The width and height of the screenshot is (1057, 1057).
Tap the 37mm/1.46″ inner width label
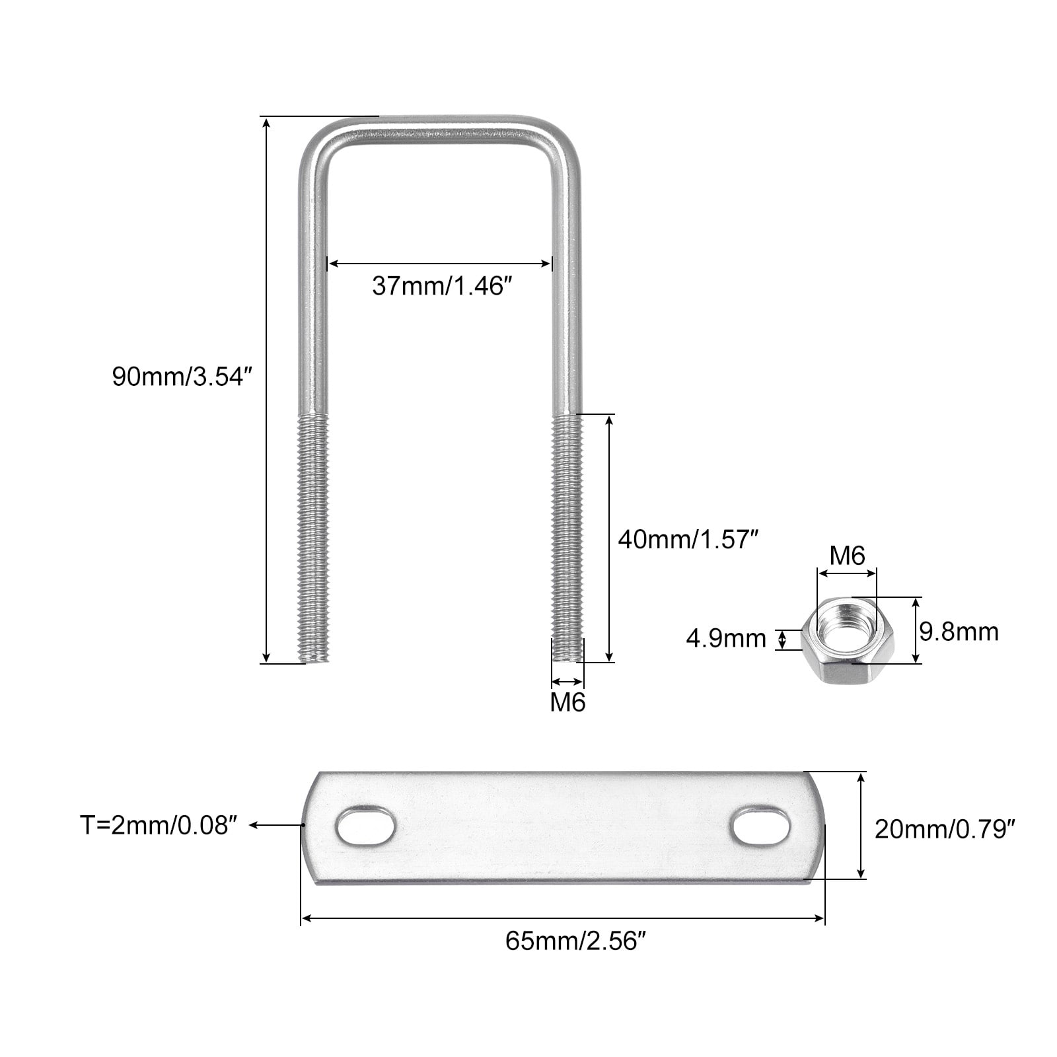tap(442, 286)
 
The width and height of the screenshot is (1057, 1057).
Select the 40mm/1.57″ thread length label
tap(686, 540)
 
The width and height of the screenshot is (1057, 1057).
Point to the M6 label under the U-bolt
tap(568, 702)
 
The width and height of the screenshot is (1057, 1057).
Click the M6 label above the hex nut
tap(847, 556)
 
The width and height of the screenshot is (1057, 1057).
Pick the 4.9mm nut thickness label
tap(725, 639)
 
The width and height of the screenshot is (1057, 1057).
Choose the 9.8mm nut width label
tap(959, 632)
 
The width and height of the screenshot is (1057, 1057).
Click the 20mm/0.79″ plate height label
tap(945, 828)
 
